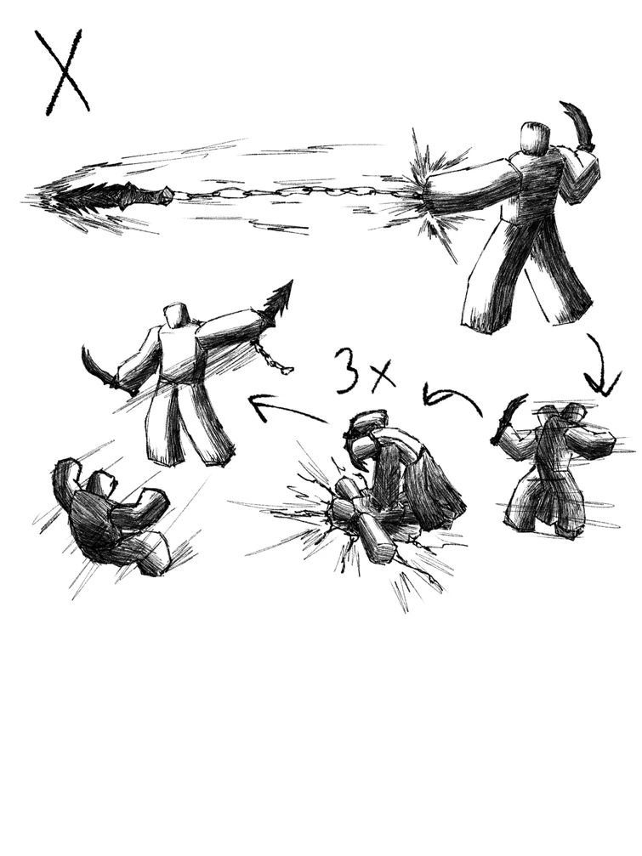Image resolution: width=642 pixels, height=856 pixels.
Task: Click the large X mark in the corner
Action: (x=62, y=71)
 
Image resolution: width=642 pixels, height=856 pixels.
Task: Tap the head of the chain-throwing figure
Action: (x=533, y=139)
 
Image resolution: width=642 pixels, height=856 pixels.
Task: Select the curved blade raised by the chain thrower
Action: (x=579, y=126)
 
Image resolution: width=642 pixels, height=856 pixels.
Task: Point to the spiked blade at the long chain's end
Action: (x=128, y=196)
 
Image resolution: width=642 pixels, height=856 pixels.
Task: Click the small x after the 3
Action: (x=382, y=374)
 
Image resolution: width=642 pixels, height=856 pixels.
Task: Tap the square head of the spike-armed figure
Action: (x=177, y=315)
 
